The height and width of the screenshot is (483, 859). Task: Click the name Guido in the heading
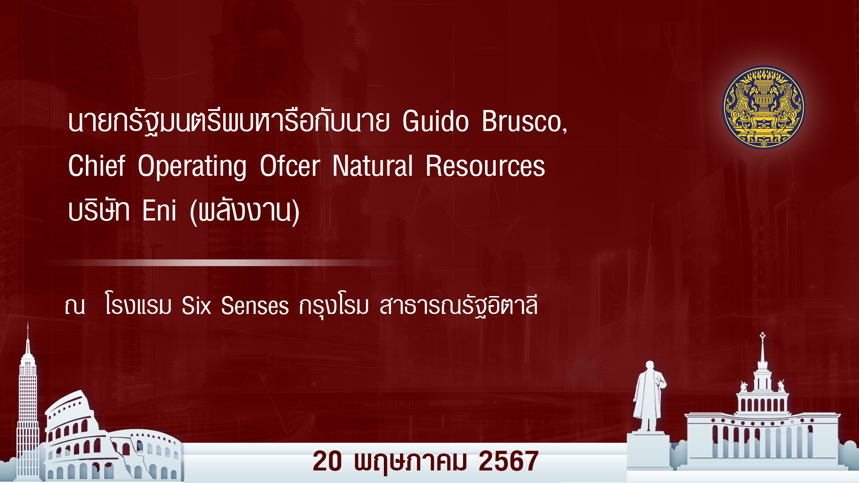point(435,121)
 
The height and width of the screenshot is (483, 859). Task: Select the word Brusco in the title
point(522,121)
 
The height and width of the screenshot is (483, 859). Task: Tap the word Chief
point(97,166)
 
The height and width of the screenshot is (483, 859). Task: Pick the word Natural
point(373,166)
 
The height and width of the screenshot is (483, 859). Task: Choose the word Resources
point(485,166)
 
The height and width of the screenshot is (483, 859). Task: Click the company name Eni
point(159,211)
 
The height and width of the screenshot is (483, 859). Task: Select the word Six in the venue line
point(196,306)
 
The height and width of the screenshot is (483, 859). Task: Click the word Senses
point(255,306)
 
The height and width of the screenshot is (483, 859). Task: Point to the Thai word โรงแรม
point(138,305)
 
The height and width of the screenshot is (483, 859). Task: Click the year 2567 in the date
point(509,461)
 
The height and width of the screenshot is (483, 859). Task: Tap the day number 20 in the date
point(327,461)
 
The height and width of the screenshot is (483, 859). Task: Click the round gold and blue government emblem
point(763,107)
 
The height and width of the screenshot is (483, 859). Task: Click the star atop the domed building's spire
point(763,335)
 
